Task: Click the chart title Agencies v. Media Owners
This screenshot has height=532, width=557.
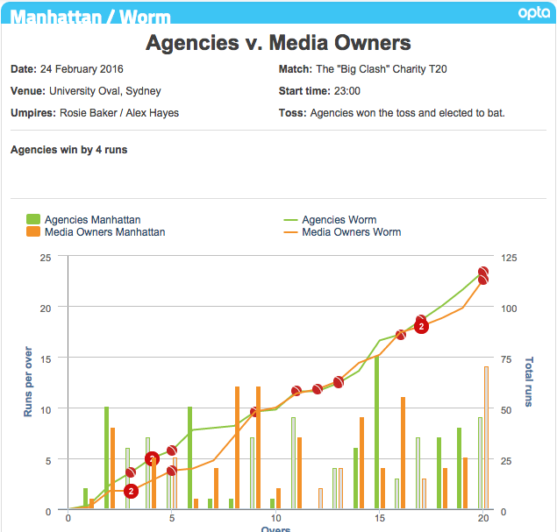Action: [x=278, y=42]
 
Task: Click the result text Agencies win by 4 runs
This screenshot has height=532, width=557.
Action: [x=68, y=150]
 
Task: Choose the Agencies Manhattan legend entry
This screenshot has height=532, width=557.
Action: [x=84, y=220]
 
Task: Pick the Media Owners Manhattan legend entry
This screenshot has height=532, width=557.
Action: [x=96, y=232]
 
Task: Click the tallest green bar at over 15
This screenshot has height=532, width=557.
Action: [x=377, y=432]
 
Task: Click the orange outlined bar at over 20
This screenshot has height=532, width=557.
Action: [x=486, y=437]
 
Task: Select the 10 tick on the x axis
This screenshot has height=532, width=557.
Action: [x=275, y=518]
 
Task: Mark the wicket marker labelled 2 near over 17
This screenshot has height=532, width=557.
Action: [x=421, y=326]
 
